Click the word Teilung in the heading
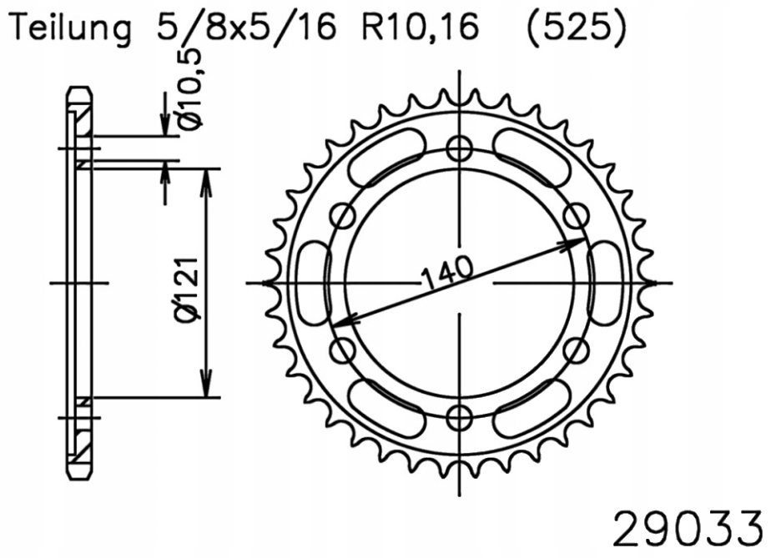coord(71,29)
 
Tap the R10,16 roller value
coord(420,28)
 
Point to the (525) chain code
coord(576,28)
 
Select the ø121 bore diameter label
coord(188,288)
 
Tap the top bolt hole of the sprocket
coord(460,148)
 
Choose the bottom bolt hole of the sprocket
coord(460,417)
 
